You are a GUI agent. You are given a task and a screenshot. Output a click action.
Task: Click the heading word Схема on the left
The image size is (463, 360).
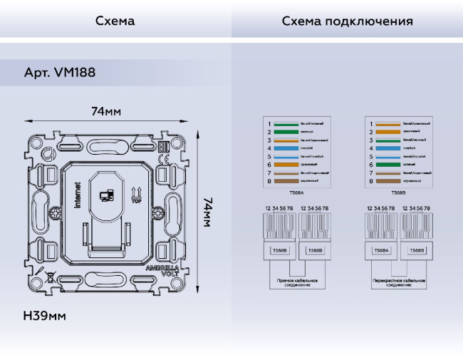click(115, 21)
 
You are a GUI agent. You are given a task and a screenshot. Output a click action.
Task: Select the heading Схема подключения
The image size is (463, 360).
click(347, 21)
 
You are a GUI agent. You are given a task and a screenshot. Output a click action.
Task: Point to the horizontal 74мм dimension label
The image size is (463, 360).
click(105, 111)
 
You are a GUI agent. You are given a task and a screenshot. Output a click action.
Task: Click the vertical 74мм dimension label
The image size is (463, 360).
click(207, 212)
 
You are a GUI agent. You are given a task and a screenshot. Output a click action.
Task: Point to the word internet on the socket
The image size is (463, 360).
click(78, 197)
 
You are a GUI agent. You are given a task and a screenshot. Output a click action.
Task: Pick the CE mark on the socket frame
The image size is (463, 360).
click(162, 148)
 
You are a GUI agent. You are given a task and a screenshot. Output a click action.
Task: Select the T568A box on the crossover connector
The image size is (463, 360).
click(381, 251)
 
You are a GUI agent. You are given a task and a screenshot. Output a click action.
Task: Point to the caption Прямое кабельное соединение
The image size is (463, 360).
click(297, 283)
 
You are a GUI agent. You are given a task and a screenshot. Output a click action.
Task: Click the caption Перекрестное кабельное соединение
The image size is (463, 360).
click(399, 283)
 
